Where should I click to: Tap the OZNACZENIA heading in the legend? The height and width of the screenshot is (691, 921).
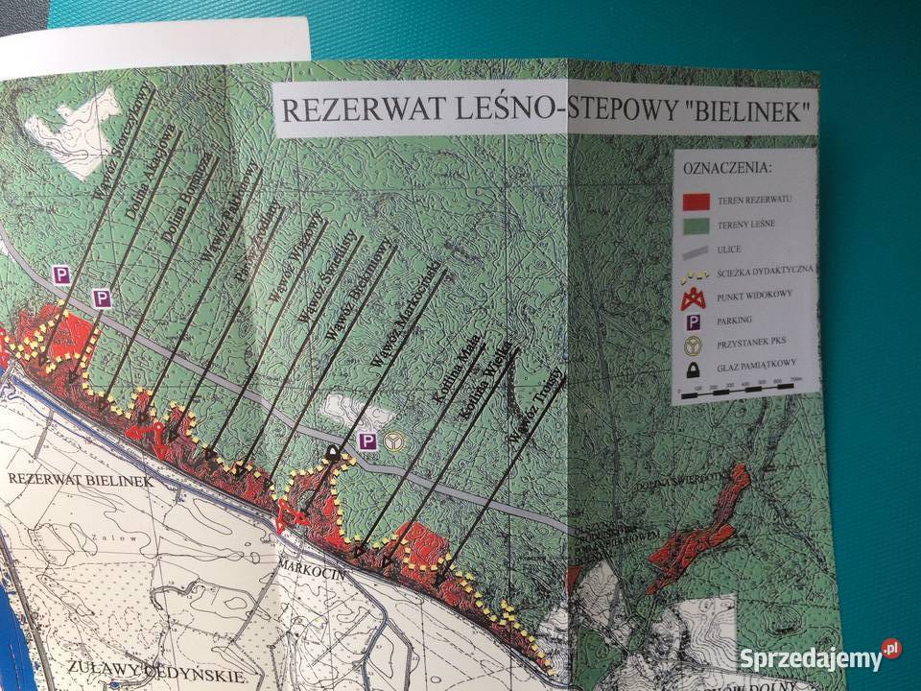point(728,168)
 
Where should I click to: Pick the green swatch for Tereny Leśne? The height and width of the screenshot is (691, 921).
point(697,226)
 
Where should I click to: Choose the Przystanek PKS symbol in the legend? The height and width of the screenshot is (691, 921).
point(694,345)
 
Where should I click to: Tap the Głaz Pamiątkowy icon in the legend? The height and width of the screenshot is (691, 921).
point(693,370)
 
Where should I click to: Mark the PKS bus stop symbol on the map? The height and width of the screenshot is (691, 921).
point(393,441)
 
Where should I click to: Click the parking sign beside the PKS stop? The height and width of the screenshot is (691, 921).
point(366,441)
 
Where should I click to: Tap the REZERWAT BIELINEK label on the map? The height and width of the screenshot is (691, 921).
point(77,480)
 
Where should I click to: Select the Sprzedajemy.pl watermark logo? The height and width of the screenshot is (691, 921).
point(820,657)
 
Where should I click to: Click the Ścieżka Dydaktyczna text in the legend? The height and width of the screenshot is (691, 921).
point(768,273)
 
